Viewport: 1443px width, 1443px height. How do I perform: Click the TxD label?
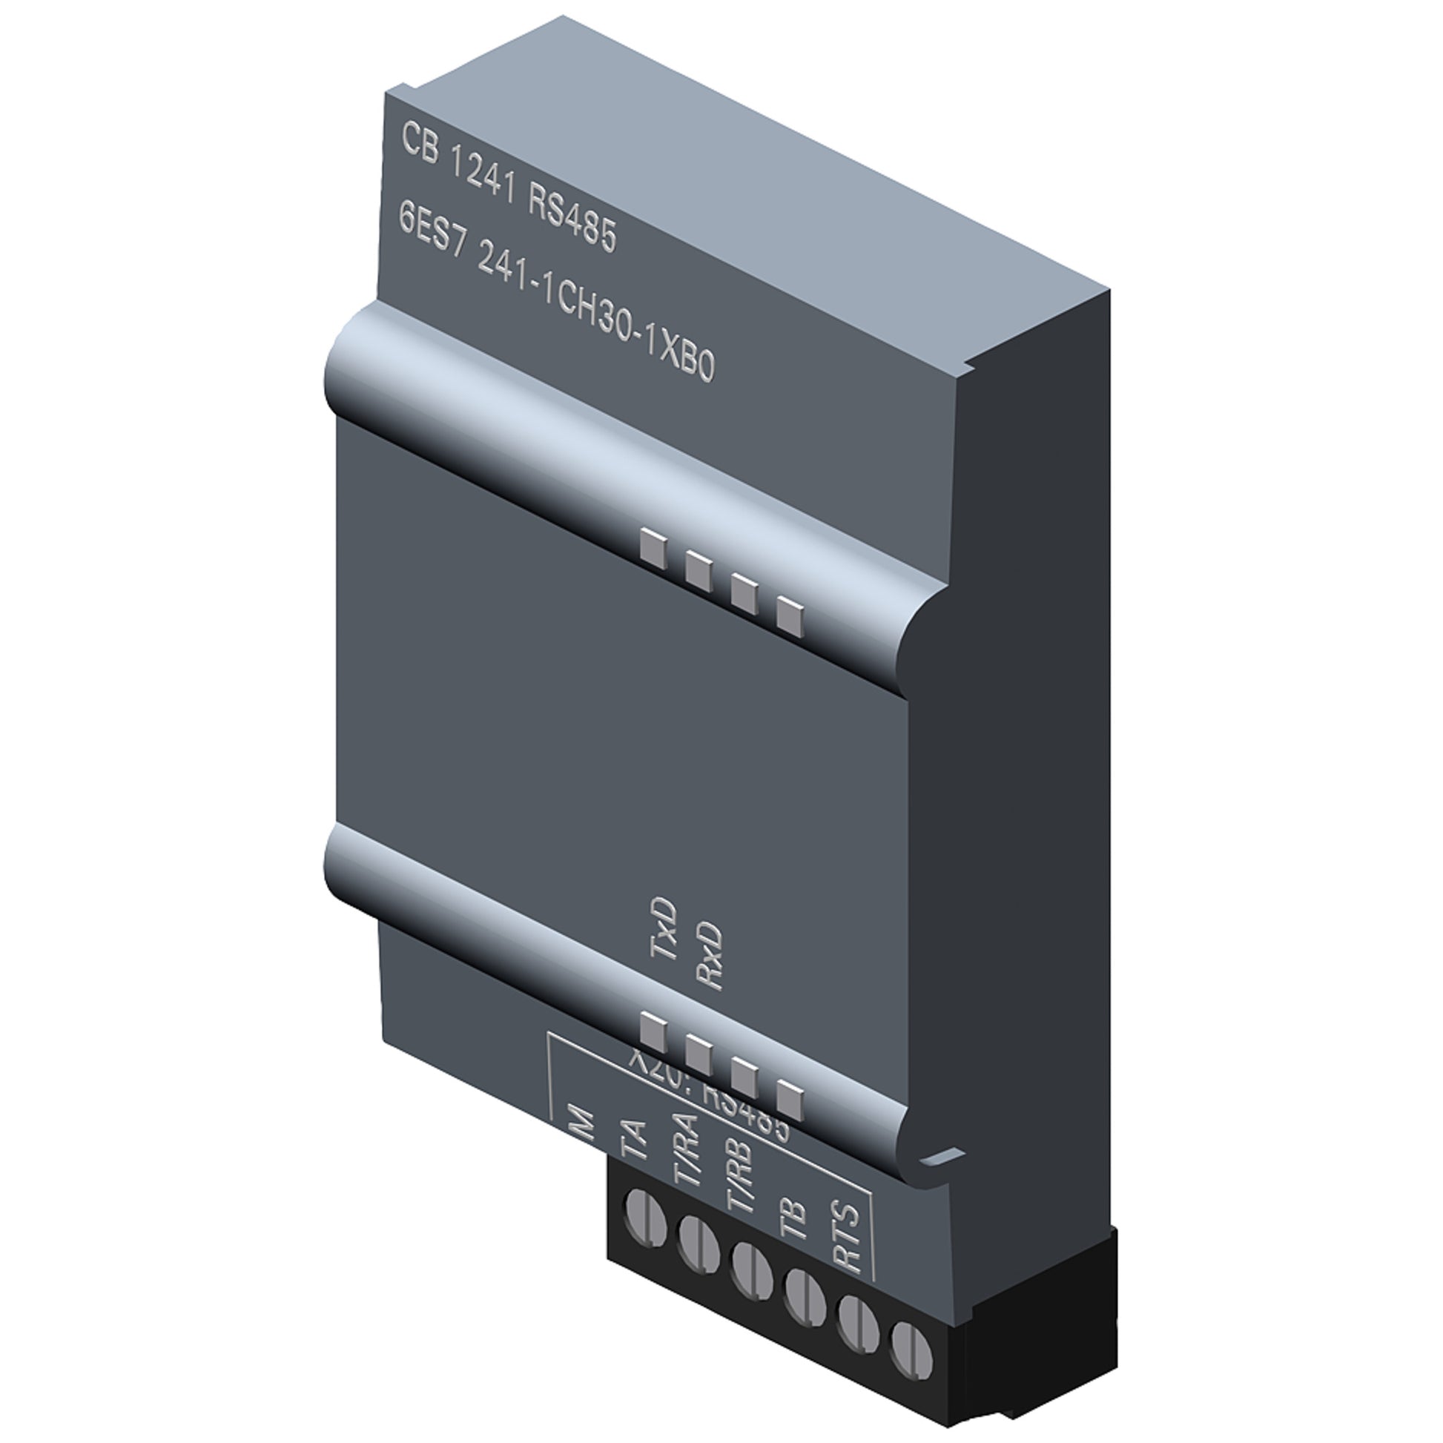(663, 929)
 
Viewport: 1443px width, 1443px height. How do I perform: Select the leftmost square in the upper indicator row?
(653, 549)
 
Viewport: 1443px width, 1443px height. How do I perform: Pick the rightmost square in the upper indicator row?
(790, 617)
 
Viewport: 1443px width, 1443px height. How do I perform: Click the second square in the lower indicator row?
(699, 1054)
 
